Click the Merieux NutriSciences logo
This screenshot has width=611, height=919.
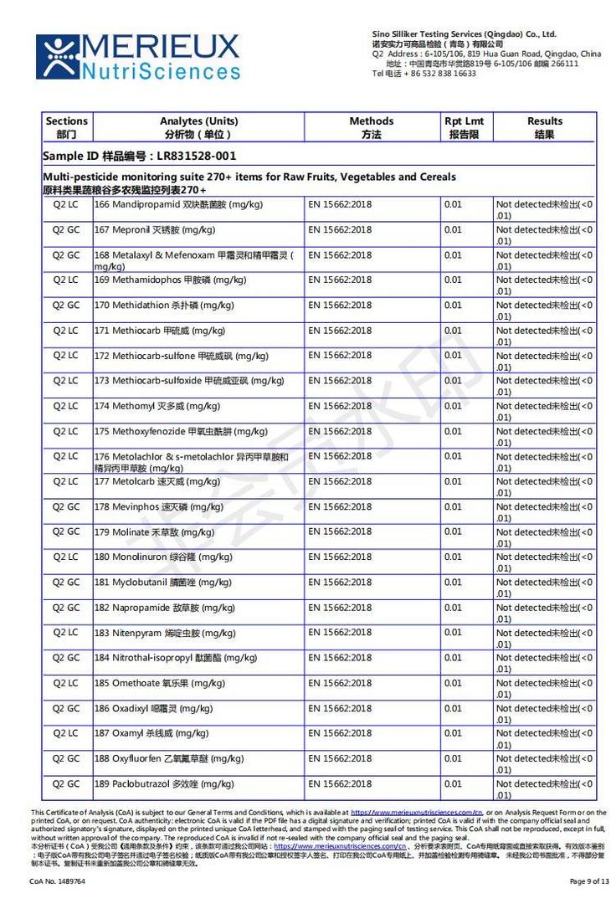(x=137, y=57)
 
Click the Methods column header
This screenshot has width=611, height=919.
(x=371, y=127)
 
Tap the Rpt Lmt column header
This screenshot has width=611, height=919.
(x=464, y=127)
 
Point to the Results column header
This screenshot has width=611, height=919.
(x=544, y=127)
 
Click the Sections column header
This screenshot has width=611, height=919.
(x=66, y=127)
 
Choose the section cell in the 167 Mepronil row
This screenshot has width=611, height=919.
(x=66, y=229)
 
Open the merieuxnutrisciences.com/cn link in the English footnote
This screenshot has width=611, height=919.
(x=416, y=813)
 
